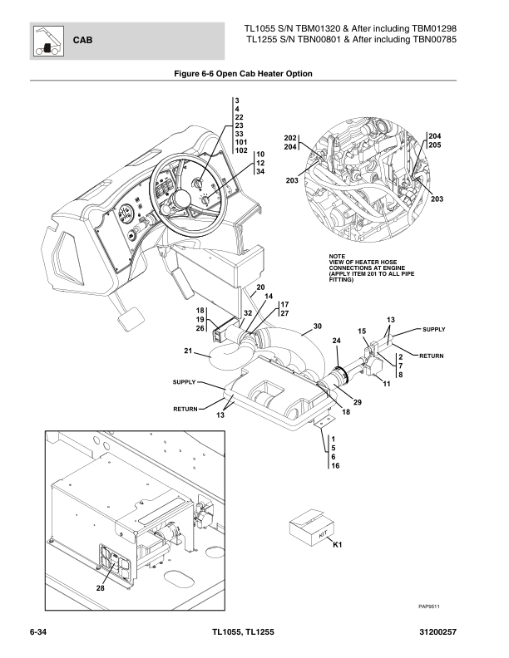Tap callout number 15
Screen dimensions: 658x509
click(362, 331)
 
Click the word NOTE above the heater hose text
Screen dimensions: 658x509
click(337, 255)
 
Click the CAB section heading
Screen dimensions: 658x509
click(83, 39)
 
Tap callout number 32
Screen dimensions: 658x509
click(246, 312)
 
